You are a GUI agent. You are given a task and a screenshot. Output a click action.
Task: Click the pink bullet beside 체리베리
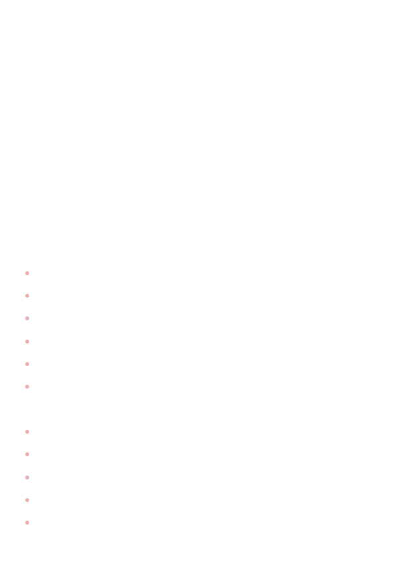pos(27,522)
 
